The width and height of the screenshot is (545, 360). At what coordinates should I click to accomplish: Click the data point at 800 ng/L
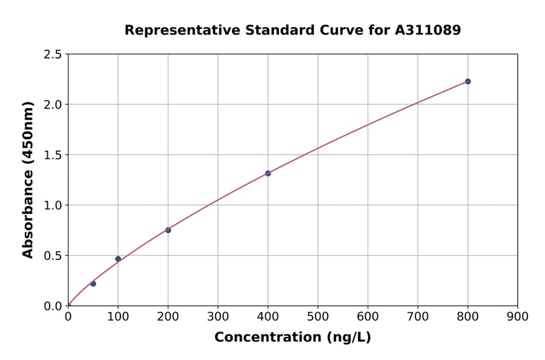click(x=467, y=81)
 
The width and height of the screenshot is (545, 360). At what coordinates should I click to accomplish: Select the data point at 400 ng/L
click(x=268, y=173)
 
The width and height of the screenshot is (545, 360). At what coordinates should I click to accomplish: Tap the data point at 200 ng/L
click(x=168, y=230)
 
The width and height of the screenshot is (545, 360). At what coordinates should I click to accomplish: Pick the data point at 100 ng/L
click(x=118, y=259)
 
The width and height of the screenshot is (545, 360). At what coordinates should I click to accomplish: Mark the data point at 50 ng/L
click(x=93, y=284)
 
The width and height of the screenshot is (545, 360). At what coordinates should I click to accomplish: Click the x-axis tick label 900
click(x=518, y=316)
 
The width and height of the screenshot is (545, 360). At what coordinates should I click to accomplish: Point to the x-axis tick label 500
click(x=318, y=316)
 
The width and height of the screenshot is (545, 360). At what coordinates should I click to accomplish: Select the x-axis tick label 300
click(x=218, y=316)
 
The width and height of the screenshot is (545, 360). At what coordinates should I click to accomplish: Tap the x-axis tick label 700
click(x=418, y=316)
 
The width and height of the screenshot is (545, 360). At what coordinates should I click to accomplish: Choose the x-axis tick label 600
click(x=368, y=316)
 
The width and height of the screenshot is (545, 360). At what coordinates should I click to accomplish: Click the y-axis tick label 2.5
click(x=53, y=55)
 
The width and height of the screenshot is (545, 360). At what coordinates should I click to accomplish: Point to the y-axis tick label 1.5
click(x=53, y=155)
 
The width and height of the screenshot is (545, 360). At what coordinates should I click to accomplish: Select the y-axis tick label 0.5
click(x=53, y=256)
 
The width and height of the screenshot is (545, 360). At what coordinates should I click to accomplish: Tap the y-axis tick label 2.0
click(x=53, y=105)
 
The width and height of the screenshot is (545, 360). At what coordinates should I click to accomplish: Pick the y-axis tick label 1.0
click(x=53, y=205)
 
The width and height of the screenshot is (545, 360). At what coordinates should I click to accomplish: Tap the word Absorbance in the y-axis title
click(x=28, y=213)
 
